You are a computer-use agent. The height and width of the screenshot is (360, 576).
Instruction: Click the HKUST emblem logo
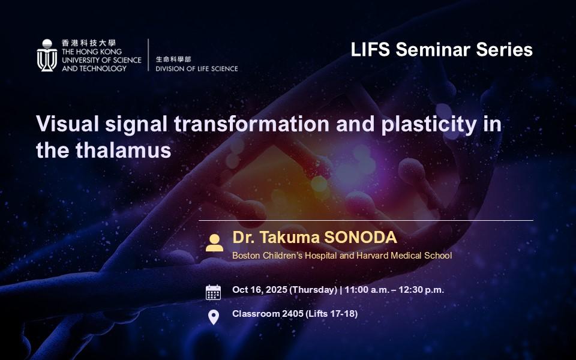[x=47, y=55]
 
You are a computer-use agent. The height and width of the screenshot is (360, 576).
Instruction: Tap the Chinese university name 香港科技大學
[x=89, y=43]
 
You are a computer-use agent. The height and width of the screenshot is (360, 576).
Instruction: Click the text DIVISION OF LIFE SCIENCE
[x=197, y=68]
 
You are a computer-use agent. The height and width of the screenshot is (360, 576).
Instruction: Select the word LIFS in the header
[x=370, y=49]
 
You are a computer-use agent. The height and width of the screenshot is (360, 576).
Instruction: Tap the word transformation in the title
[x=251, y=124]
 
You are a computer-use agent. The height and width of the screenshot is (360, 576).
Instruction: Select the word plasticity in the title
[x=428, y=125]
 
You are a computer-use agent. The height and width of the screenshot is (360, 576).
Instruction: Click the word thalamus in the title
[x=124, y=150]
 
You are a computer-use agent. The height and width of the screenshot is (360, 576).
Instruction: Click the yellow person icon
[x=215, y=243]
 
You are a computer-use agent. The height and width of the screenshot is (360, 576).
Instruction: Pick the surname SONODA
[x=361, y=238]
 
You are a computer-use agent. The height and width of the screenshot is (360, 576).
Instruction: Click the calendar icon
[x=213, y=292]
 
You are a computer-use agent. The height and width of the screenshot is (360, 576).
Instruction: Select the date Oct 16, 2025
[x=260, y=290]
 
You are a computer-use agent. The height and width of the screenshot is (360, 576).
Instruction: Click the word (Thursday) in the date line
[x=313, y=290]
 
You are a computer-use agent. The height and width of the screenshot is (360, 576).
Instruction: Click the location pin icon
[x=214, y=317]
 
